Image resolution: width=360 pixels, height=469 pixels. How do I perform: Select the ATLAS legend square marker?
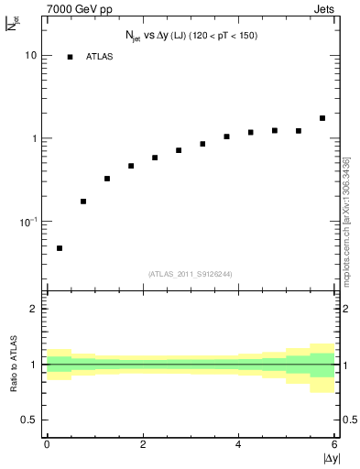pos(70,57)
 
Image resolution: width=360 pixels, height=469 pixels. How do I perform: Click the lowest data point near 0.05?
pos(60,248)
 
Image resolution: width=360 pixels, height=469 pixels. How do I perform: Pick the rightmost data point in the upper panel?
pos(322,118)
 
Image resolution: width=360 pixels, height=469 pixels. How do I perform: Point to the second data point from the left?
pos(83,202)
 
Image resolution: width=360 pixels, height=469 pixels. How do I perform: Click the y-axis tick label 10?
pos(30,55)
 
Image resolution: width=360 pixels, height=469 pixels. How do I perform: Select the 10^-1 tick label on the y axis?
pos(27,222)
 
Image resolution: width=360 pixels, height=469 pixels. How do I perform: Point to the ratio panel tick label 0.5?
pos(28,420)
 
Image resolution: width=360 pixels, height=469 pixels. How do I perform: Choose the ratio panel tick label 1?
pos(33,365)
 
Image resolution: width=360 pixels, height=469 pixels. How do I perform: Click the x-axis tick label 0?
pos(47,444)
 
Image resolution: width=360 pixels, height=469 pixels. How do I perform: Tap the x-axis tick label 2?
pos(143,444)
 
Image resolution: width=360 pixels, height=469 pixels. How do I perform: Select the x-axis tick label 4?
pos(238,444)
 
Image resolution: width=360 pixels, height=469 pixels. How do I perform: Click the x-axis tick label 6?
pos(334,444)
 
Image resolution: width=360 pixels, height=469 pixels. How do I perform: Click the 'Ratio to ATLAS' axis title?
pos(12,364)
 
